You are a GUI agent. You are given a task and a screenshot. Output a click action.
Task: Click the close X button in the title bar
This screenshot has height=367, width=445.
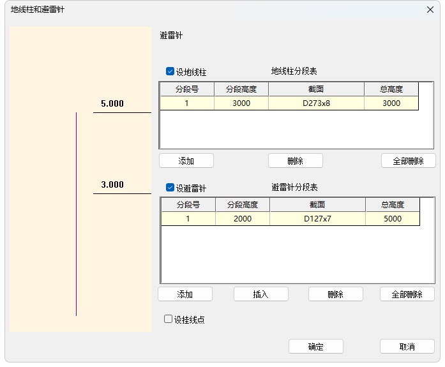[x=430, y=10]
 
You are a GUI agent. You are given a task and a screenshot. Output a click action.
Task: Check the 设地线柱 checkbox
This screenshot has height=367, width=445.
[x=170, y=72]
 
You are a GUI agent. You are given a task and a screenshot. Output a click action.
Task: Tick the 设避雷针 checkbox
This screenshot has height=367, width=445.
[x=170, y=188]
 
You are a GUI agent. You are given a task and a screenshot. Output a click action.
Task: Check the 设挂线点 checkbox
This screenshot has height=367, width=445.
[x=169, y=319]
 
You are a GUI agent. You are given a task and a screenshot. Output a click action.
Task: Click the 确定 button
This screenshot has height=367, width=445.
[x=316, y=347]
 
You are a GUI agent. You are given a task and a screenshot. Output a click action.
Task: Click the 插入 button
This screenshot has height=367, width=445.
[x=261, y=294]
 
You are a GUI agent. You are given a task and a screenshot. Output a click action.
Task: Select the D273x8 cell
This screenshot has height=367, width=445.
[x=316, y=103]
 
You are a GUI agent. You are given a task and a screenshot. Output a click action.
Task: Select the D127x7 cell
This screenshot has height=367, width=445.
[x=317, y=219]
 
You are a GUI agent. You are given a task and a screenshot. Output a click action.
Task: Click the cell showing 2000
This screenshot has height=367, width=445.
[x=243, y=219]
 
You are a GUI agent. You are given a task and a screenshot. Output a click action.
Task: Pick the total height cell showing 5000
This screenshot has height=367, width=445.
[x=393, y=219]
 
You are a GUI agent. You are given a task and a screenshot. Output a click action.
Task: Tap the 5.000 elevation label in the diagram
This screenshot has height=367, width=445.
[x=112, y=103]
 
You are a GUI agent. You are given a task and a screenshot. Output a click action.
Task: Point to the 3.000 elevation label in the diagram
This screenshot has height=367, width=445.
[x=112, y=185]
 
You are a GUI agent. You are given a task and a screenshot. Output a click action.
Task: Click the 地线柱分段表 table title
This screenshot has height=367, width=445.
[x=294, y=71]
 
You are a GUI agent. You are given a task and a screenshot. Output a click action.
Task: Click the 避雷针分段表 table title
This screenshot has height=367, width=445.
[x=294, y=187]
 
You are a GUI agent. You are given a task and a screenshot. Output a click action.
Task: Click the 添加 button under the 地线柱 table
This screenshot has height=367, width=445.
[x=186, y=161]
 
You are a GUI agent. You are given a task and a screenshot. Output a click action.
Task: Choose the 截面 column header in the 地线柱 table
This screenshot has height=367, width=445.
[x=316, y=89]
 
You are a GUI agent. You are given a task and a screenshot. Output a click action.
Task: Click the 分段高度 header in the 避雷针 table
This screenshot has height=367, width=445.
[x=243, y=205]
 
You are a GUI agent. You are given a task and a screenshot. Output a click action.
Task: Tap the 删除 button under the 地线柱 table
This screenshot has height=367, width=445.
[x=296, y=161]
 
